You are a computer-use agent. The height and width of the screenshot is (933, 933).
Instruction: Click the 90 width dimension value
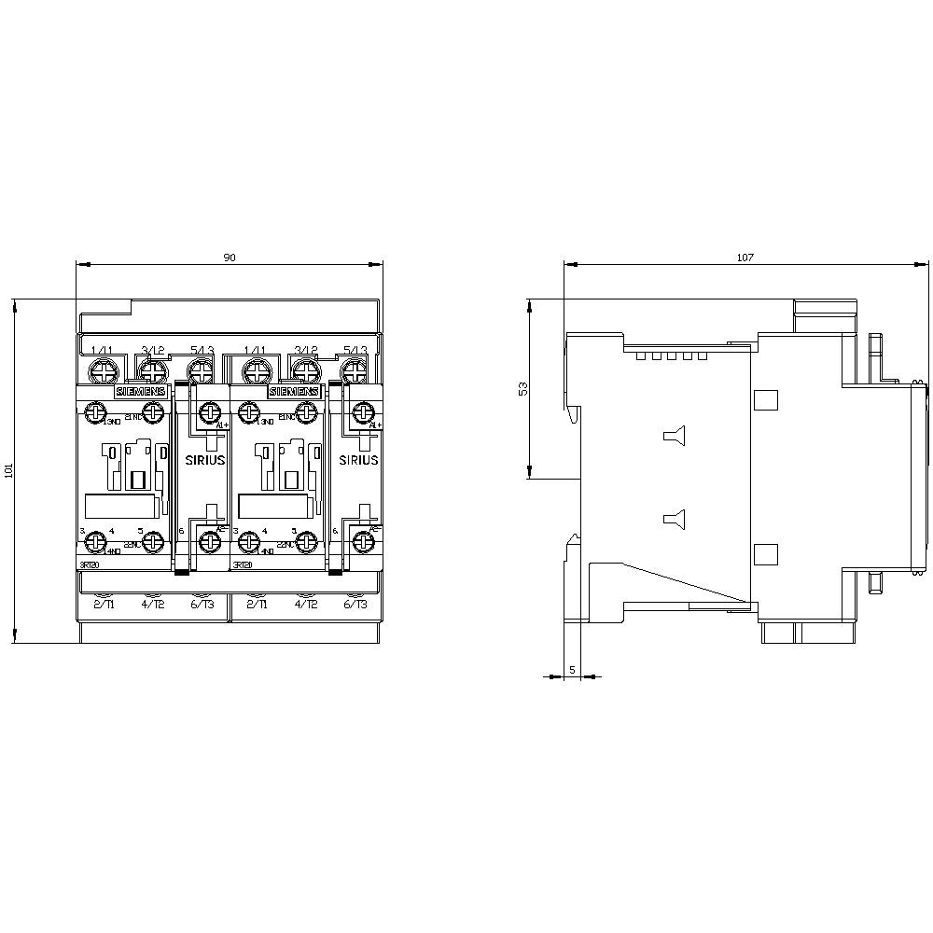(x=229, y=258)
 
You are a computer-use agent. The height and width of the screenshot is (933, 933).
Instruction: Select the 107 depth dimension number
(x=745, y=258)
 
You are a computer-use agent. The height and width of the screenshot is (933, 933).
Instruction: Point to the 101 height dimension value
(x=9, y=471)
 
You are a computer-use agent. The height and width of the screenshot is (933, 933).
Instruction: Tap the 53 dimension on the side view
(x=523, y=388)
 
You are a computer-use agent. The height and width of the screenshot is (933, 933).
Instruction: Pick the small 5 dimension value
(x=572, y=669)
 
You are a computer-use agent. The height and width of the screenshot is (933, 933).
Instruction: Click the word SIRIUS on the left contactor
(x=204, y=460)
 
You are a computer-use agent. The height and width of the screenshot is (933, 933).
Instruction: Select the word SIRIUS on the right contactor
(x=358, y=460)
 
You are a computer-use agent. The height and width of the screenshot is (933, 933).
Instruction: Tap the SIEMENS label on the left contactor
(x=140, y=393)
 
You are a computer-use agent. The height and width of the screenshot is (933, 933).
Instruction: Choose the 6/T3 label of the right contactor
(x=355, y=605)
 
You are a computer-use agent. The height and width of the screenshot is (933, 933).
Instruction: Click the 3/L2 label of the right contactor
(x=306, y=351)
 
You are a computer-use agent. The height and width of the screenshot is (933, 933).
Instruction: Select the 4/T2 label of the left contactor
(x=152, y=605)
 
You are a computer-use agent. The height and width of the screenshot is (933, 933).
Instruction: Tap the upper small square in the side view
(x=765, y=400)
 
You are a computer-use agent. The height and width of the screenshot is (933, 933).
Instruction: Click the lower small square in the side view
(x=765, y=554)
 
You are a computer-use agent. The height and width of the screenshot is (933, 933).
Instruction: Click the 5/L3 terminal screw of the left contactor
(x=200, y=371)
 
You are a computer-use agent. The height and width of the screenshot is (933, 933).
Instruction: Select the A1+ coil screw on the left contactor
(x=211, y=411)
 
